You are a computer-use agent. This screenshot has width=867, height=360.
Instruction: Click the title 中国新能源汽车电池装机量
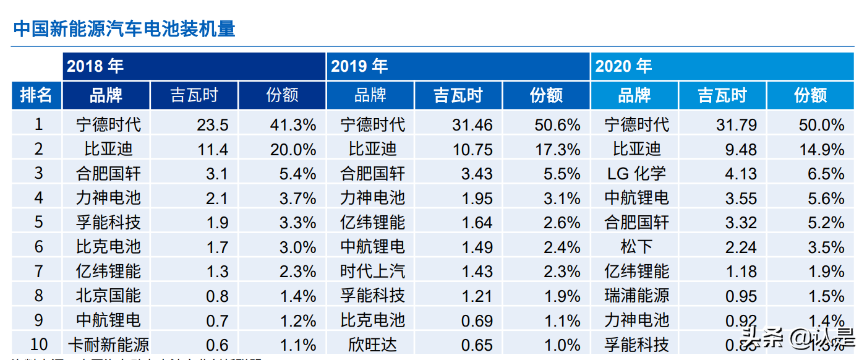pyautogui.click(x=124, y=28)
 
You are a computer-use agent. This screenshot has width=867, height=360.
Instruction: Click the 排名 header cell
pyautogui.click(x=36, y=95)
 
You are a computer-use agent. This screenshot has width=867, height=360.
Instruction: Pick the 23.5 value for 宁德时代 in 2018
pyautogui.click(x=213, y=125)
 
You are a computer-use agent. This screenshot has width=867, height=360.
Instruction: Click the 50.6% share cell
pyautogui.click(x=557, y=125)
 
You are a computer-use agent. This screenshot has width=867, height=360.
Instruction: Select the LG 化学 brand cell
pyautogui.click(x=636, y=174)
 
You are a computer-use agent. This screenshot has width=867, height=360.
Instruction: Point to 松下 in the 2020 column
pyautogui.click(x=636, y=247)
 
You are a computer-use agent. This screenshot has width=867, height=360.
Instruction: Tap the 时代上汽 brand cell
pyautogui.click(x=372, y=272)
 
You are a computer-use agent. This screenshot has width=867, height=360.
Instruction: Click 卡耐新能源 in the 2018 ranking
pyautogui.click(x=108, y=345)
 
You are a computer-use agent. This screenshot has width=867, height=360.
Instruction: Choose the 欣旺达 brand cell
pyautogui.click(x=372, y=345)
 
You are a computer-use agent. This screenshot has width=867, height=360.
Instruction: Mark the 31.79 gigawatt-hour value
pyautogui.click(x=737, y=125)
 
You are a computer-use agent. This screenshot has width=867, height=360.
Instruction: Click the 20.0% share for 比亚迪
pyautogui.click(x=293, y=149)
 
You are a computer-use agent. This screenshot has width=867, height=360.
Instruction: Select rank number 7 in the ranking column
pyautogui.click(x=38, y=272)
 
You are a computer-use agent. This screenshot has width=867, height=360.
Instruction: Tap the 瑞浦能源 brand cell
pyautogui.click(x=636, y=296)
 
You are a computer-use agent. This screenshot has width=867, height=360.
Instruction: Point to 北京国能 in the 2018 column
pyautogui.click(x=108, y=296)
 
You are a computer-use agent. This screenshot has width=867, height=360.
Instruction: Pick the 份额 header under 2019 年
pyautogui.click(x=547, y=95)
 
